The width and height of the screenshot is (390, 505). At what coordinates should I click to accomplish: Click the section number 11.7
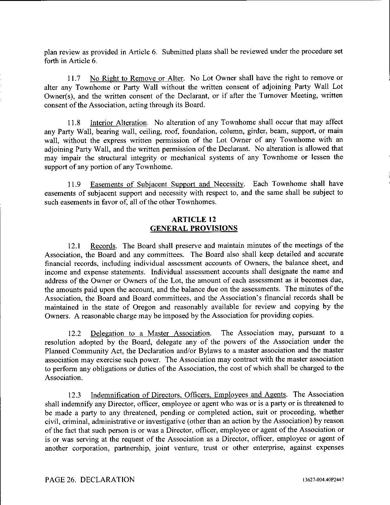click(x=74, y=78)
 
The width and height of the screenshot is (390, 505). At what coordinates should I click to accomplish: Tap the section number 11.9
click(x=74, y=184)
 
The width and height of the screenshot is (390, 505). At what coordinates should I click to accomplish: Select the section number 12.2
click(x=74, y=334)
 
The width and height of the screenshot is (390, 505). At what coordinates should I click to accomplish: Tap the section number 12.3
click(x=74, y=395)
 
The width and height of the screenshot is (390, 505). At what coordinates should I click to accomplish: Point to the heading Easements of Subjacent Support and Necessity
click(x=167, y=184)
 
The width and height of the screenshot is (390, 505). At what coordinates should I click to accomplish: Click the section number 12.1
click(x=74, y=246)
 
